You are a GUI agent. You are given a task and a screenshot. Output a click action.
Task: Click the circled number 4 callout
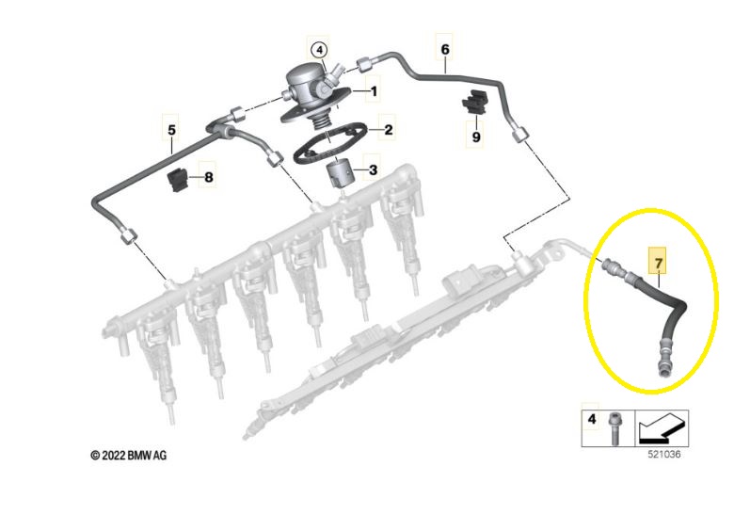click(x=319, y=50)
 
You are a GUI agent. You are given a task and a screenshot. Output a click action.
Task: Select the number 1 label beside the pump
click(x=374, y=91)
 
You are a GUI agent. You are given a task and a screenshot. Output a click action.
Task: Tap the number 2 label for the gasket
click(x=388, y=129)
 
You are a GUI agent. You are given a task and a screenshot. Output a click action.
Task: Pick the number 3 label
click(x=373, y=169)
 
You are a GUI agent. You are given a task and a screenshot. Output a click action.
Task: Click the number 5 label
click(x=171, y=130)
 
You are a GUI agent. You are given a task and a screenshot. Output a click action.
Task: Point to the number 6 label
click(x=445, y=49)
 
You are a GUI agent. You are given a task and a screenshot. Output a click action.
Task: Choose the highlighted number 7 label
click(x=659, y=263)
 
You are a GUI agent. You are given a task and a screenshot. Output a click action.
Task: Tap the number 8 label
click(x=209, y=178)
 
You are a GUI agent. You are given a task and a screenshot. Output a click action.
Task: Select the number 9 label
click(x=476, y=137)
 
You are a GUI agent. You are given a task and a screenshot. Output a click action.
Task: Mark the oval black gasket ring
click(x=330, y=144)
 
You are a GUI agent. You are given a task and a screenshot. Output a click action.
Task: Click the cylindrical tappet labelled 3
click(x=339, y=175)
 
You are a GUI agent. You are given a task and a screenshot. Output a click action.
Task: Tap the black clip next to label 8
click(x=177, y=181)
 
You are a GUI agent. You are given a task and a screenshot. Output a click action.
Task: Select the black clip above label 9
click(x=473, y=102)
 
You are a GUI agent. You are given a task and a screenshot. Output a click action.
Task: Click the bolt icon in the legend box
click(x=614, y=428)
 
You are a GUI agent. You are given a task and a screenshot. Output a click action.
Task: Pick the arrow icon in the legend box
click(x=662, y=428)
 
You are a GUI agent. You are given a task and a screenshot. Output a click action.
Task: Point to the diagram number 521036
click(x=664, y=454)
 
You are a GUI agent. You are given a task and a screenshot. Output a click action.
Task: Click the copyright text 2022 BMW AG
click(x=129, y=455)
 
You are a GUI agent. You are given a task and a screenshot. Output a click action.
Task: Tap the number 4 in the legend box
click(x=592, y=419)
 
